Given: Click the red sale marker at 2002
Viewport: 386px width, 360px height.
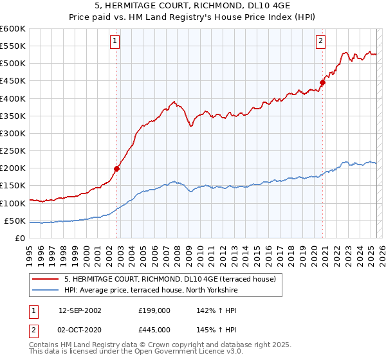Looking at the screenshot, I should click(117, 169).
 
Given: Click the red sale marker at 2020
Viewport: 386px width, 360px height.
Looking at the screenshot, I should click(324, 82).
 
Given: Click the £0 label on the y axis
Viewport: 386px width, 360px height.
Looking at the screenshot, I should click(20, 238).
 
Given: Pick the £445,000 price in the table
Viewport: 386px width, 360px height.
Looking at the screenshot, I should click(154, 329).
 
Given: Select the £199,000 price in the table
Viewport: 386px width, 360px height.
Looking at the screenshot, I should click(154, 310).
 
